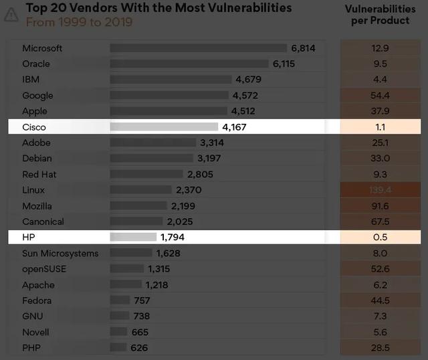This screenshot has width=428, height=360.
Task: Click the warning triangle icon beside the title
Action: [11, 15]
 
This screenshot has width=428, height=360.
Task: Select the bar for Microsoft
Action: [198, 48]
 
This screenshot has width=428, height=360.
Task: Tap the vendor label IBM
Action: [31, 80]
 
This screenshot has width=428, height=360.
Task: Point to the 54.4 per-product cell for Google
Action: [380, 96]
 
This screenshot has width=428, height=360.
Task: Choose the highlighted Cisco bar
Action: [164, 126]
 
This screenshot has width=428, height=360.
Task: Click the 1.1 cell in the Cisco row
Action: [380, 126]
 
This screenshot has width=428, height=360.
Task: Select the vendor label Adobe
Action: [36, 143]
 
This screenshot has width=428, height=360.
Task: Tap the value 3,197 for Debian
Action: [209, 159]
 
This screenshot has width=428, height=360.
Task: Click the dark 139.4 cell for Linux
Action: [380, 190]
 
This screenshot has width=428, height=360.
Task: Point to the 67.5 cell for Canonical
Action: [380, 221]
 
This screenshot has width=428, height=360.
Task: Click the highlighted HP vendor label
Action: [28, 237]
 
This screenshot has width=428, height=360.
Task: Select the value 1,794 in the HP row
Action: [172, 237]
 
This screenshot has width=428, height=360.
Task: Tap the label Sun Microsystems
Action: [60, 253]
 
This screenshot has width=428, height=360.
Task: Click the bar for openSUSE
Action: [127, 269]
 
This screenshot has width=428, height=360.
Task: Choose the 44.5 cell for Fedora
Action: [380, 300]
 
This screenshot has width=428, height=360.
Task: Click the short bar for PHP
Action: [118, 348]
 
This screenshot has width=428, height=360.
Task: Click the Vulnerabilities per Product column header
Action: [380, 14]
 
